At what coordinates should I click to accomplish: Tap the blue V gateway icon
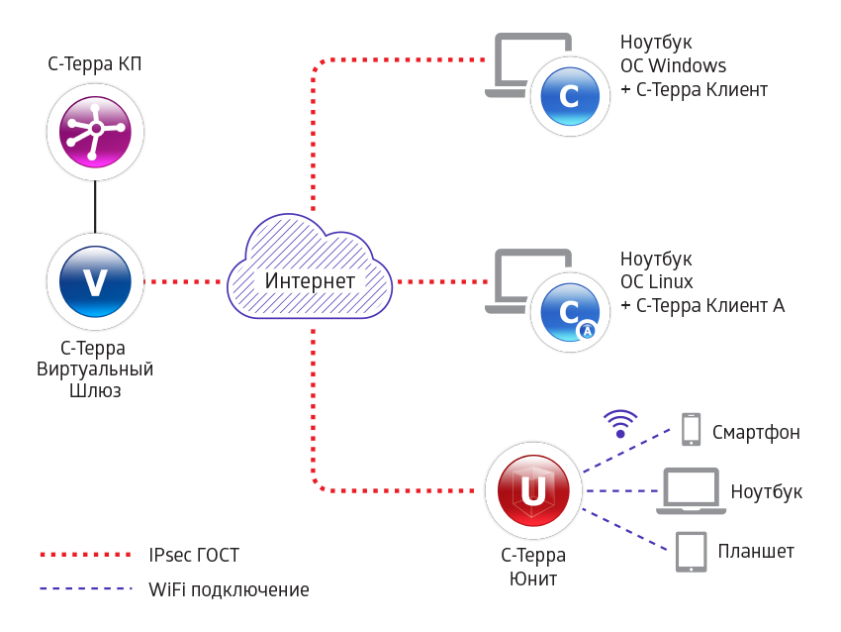point(95,281)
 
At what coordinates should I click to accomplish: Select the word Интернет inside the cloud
point(310,281)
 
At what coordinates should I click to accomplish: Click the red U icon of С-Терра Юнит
point(533,490)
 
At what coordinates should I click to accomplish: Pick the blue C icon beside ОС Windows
point(569,95)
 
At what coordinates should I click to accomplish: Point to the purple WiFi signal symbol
point(620,424)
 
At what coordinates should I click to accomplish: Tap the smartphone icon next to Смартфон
point(692,429)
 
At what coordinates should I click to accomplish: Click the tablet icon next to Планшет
point(691,552)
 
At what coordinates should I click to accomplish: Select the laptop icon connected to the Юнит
point(690,490)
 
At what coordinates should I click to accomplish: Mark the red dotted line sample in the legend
point(85,555)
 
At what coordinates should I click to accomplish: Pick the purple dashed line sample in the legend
point(85,589)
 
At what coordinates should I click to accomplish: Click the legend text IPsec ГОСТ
point(194,556)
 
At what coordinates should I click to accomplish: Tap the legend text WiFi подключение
point(229,590)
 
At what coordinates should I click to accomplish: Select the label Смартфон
point(756,433)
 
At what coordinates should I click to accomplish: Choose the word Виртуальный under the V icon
point(95,369)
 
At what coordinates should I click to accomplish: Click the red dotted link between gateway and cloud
point(182,281)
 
